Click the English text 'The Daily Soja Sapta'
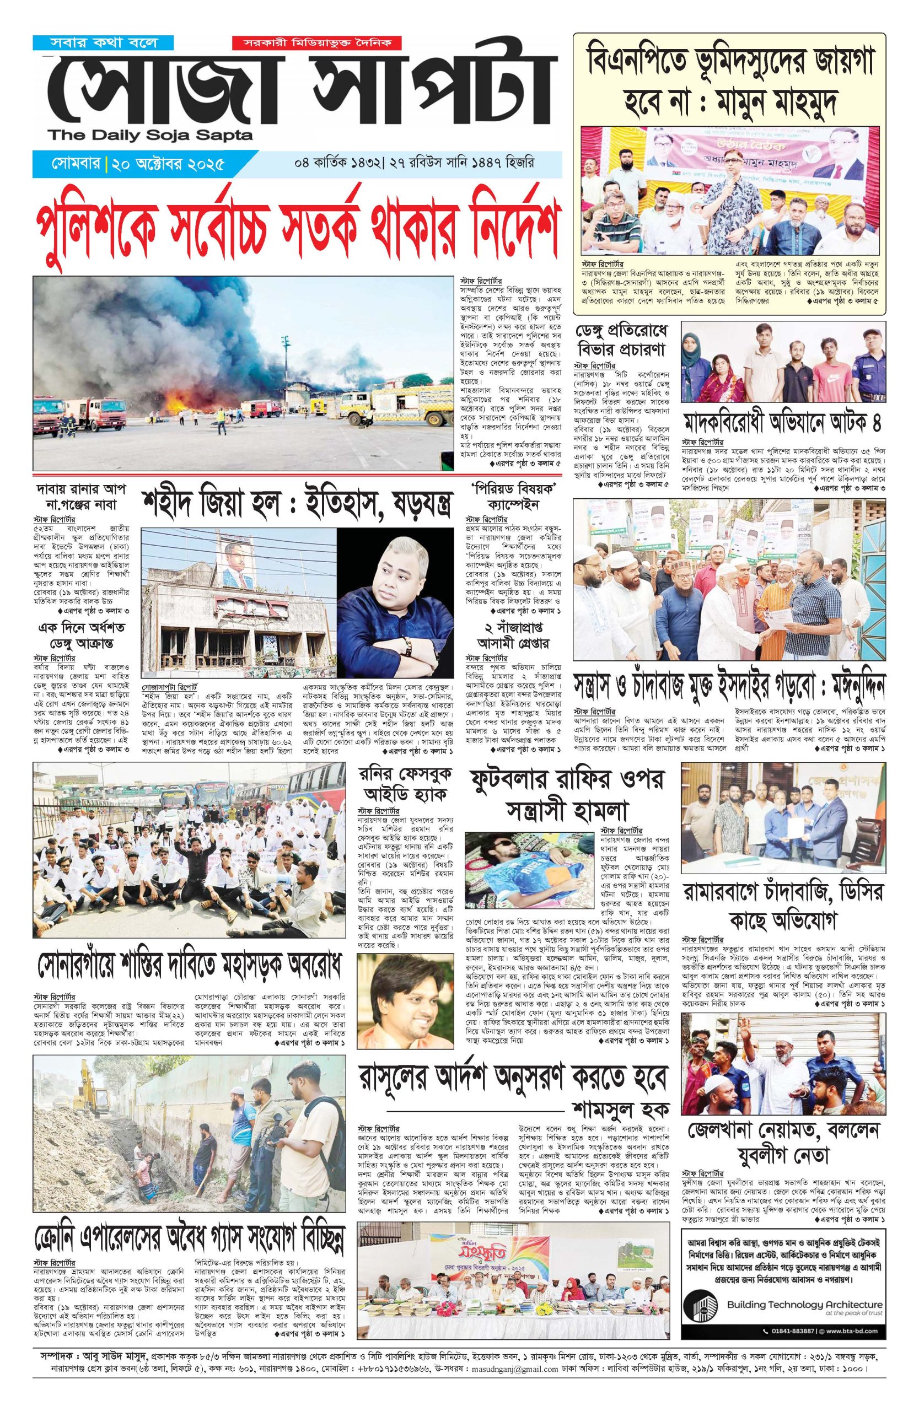pyautogui.click(x=151, y=136)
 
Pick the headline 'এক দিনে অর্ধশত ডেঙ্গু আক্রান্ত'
pyautogui.click(x=82, y=634)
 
